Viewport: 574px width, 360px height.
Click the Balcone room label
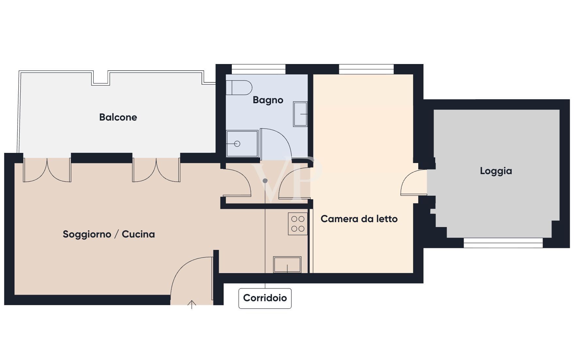pos(118,117)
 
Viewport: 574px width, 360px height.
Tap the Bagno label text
pos(268,100)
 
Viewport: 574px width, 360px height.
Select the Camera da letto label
pos(359,219)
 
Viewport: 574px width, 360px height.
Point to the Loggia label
pos(496,171)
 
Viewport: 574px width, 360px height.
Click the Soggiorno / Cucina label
pos(109,234)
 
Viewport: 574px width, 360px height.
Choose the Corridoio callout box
pos(265,298)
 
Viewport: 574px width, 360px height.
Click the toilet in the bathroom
pos(239,88)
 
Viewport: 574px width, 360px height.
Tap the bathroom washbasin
pos(300,114)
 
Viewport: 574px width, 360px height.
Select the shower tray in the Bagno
pos(242,144)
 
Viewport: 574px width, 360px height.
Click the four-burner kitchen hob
pos(298,224)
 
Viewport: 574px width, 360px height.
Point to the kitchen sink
pos(287,264)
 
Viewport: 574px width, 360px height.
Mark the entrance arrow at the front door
pos(192,304)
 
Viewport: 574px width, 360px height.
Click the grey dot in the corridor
pos(265,181)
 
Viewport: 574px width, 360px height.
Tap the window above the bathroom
pos(259,69)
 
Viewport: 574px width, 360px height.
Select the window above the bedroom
pos(366,69)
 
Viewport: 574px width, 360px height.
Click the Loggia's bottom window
pos(503,243)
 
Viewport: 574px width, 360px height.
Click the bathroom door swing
pos(275,144)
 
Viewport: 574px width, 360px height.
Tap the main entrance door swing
pos(191,278)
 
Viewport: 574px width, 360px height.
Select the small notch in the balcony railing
pos(101,78)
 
